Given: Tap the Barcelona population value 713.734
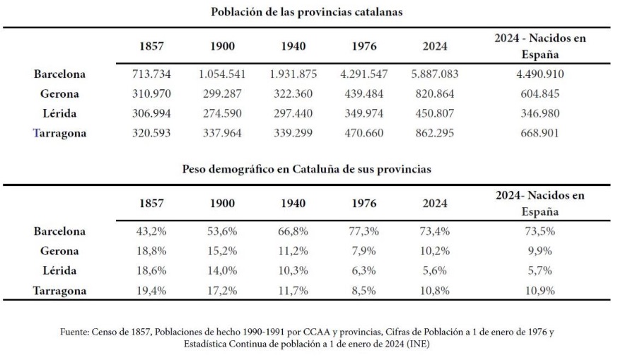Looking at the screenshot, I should click(152, 74).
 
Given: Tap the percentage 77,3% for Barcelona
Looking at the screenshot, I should click(363, 231).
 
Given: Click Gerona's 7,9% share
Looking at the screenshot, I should click(363, 251).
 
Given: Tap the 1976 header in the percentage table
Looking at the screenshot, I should click(363, 204).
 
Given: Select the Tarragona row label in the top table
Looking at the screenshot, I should click(59, 132).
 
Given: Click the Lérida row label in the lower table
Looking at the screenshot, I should click(59, 270).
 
